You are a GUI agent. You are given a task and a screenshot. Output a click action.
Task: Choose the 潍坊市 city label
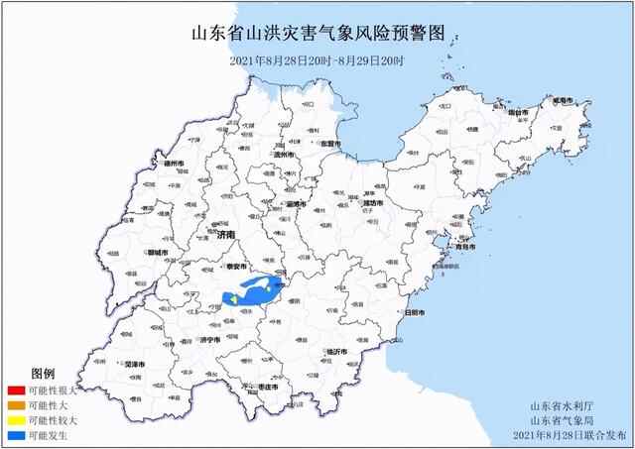click(374, 203)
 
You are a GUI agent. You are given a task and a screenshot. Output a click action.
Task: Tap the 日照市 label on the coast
click(416, 313)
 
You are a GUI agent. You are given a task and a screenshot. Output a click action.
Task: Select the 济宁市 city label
click(208, 339)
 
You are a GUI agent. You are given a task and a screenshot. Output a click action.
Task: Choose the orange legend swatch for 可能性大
click(14, 405)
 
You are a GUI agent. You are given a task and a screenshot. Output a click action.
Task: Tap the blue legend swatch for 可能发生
click(14, 435)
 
